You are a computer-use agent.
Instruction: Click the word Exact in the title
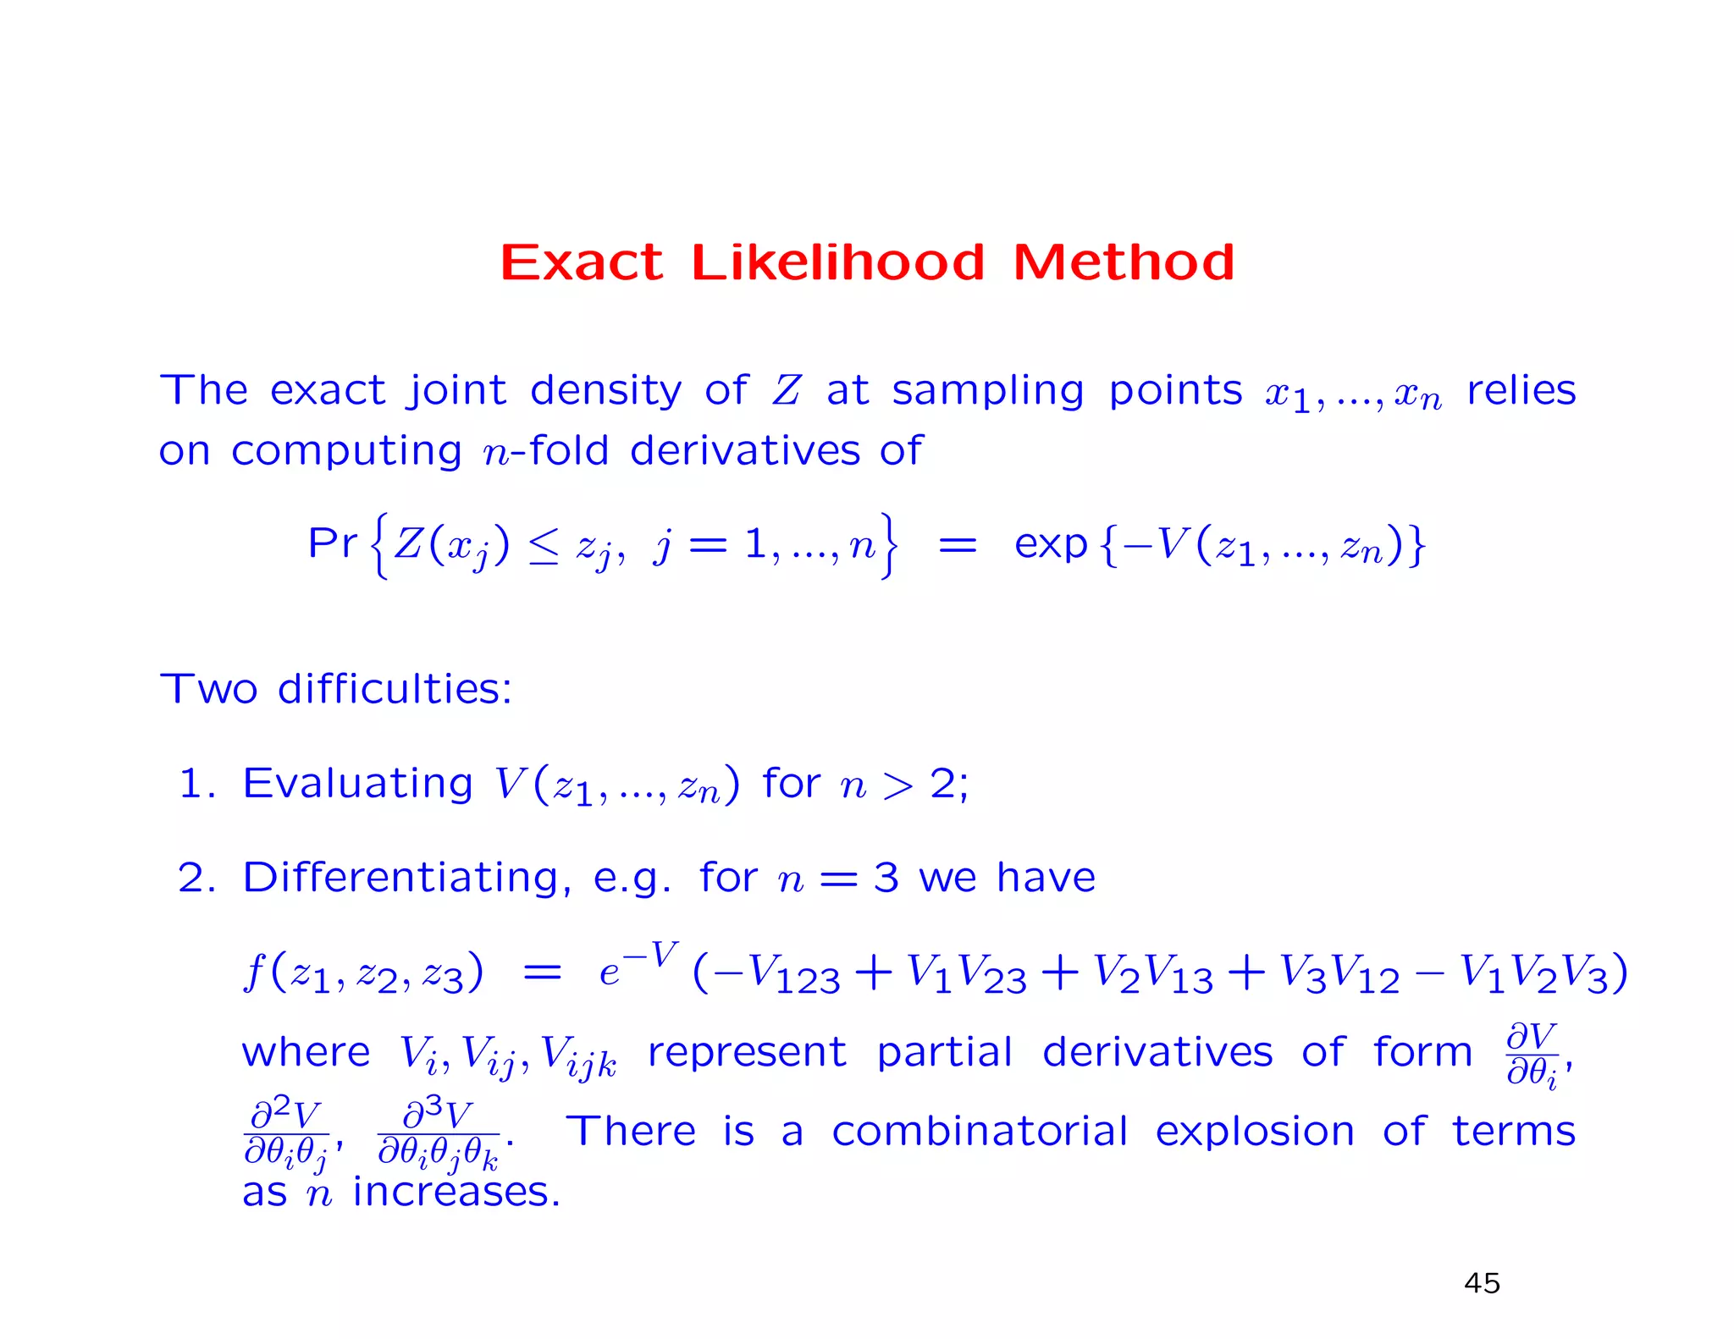pyautogui.click(x=581, y=262)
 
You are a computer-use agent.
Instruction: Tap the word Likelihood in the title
pyautogui.click(x=838, y=262)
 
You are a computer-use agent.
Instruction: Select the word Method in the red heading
pyautogui.click(x=1124, y=262)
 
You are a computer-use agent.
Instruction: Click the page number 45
pyautogui.click(x=1482, y=1283)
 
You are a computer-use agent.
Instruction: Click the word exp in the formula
pyautogui.click(x=1050, y=544)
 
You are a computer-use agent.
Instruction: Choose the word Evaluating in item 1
pyautogui.click(x=357, y=783)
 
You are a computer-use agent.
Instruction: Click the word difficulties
pyautogui.click(x=395, y=688)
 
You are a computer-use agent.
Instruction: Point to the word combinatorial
pyautogui.click(x=980, y=1132)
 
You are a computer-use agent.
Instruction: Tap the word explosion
pyautogui.click(x=1255, y=1132)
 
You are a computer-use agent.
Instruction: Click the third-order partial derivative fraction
pyautogui.click(x=439, y=1134)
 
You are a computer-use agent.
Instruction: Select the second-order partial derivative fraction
pyautogui.click(x=286, y=1134)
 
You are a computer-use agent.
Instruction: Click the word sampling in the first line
pyautogui.click(x=987, y=391)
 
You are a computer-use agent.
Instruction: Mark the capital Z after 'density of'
pyautogui.click(x=787, y=391)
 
